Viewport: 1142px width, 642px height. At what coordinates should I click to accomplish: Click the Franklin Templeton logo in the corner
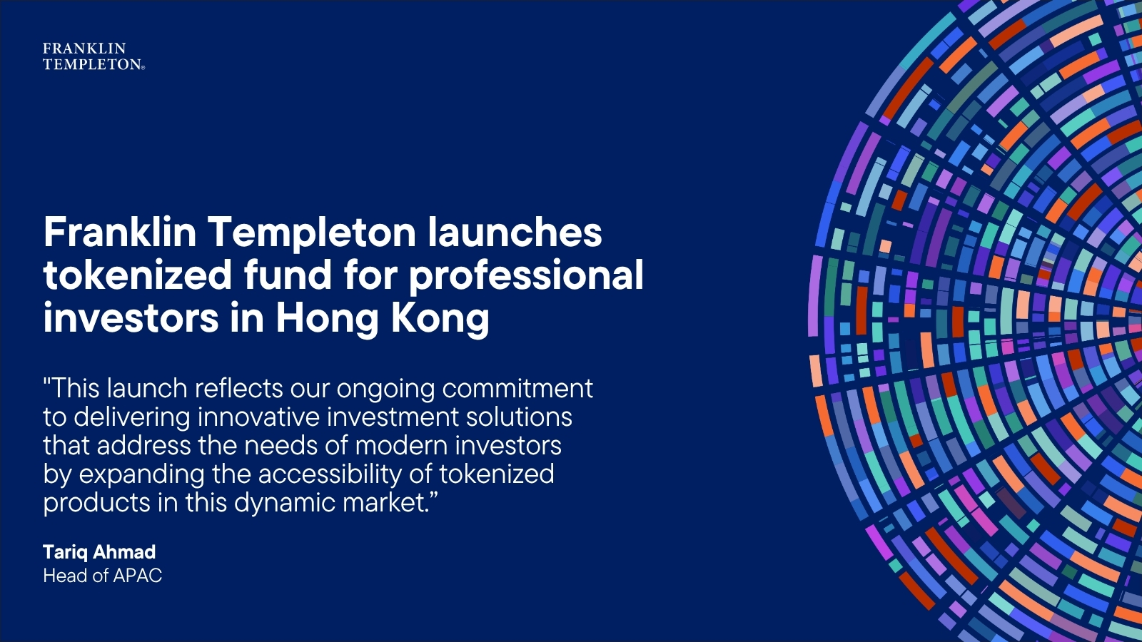tap(94, 56)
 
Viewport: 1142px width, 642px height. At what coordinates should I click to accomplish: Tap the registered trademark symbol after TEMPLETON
tap(143, 67)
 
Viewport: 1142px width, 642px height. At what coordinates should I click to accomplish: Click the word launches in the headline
tap(515, 232)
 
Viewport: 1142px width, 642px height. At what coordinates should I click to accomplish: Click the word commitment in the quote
tap(517, 389)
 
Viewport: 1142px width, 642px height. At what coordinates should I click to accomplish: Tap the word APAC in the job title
tap(138, 576)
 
